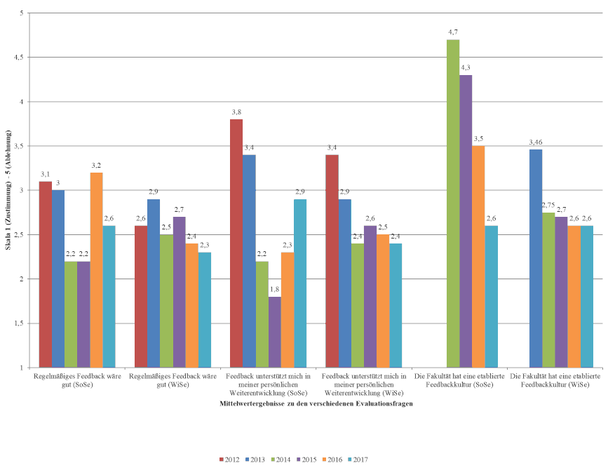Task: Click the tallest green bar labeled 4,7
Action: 453,203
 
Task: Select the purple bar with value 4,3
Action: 466,221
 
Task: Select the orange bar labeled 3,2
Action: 96,270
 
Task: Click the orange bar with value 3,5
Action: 478,257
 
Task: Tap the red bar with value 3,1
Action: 46,274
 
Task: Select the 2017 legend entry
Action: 358,460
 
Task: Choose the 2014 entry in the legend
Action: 282,460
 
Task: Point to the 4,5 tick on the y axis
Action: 19,58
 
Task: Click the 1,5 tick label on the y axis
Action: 19,323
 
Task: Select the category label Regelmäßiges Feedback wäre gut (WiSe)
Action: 173,380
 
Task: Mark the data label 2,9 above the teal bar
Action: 299,192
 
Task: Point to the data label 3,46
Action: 535,142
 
